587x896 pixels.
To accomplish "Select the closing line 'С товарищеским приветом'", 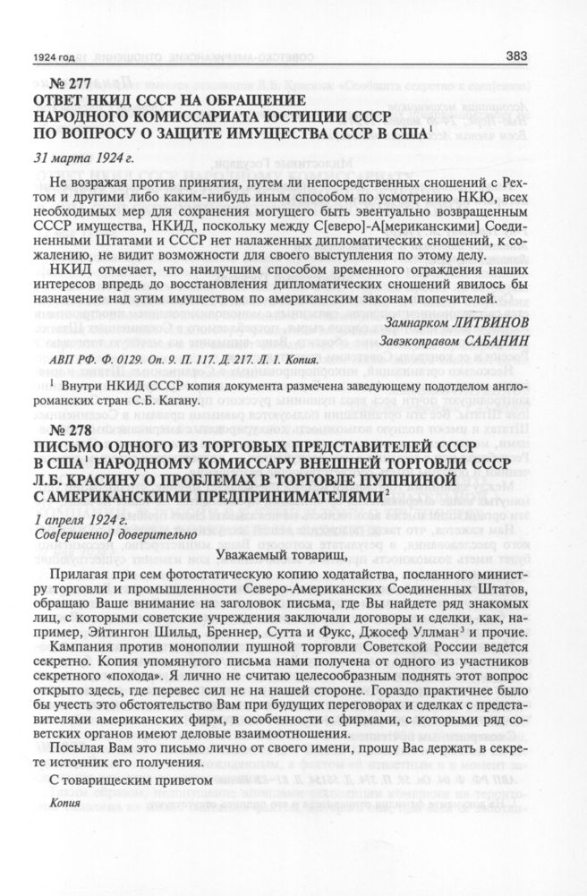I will tap(131, 778).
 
